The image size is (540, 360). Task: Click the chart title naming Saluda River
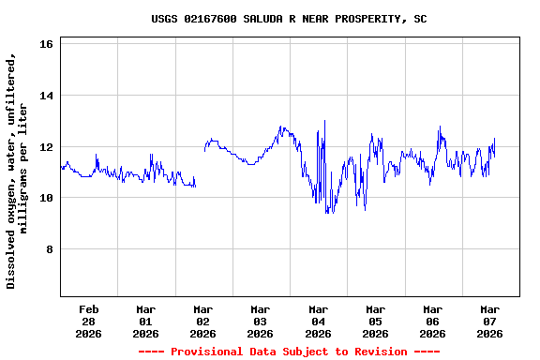(289, 19)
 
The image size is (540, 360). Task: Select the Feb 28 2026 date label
(88, 321)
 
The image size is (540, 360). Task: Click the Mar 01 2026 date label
(145, 321)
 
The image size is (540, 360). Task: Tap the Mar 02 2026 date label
(202, 321)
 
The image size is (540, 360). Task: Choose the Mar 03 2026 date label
(260, 321)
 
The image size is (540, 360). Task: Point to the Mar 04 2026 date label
(318, 321)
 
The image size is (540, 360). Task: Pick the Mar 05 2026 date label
(375, 321)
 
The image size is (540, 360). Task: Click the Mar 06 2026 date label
(432, 321)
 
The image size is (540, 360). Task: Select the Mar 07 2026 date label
(489, 321)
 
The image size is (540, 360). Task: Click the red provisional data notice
(289, 352)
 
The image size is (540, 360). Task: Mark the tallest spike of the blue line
(324, 121)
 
